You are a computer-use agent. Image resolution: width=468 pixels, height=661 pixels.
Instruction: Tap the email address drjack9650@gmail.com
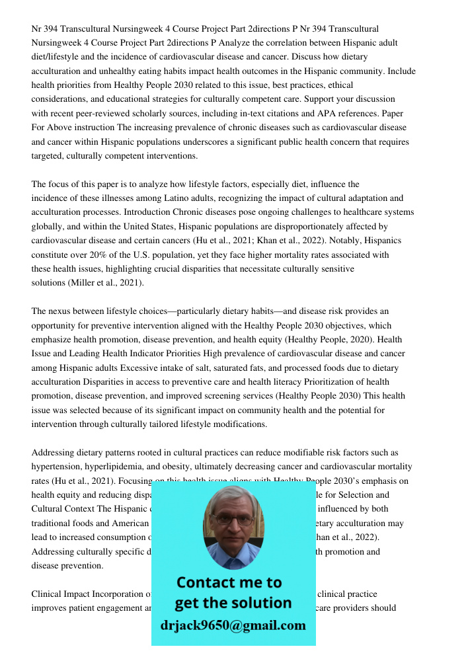[x=233, y=625]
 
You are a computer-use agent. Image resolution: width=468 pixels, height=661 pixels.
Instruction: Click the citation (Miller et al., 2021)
[x=106, y=283]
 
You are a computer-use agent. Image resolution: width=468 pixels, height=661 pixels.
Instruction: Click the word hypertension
[x=58, y=467]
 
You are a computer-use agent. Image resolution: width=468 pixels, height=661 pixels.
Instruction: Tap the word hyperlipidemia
[x=124, y=467]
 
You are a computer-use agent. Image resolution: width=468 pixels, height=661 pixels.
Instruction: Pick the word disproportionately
[x=312, y=227]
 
